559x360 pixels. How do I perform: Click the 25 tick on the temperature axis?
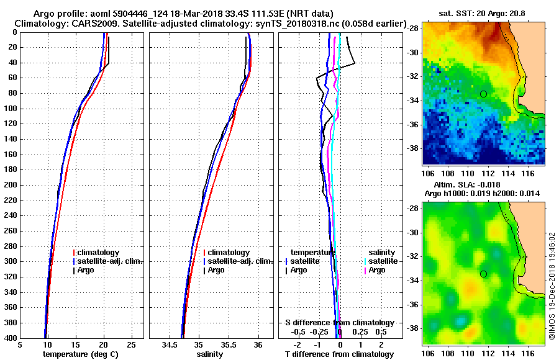point(131,345)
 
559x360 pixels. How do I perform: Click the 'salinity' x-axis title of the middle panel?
point(210,354)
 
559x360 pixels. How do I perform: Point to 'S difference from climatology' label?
point(339,323)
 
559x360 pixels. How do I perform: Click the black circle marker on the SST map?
point(483,94)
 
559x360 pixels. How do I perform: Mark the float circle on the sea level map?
point(483,274)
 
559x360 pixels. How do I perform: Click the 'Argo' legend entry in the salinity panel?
point(216,270)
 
